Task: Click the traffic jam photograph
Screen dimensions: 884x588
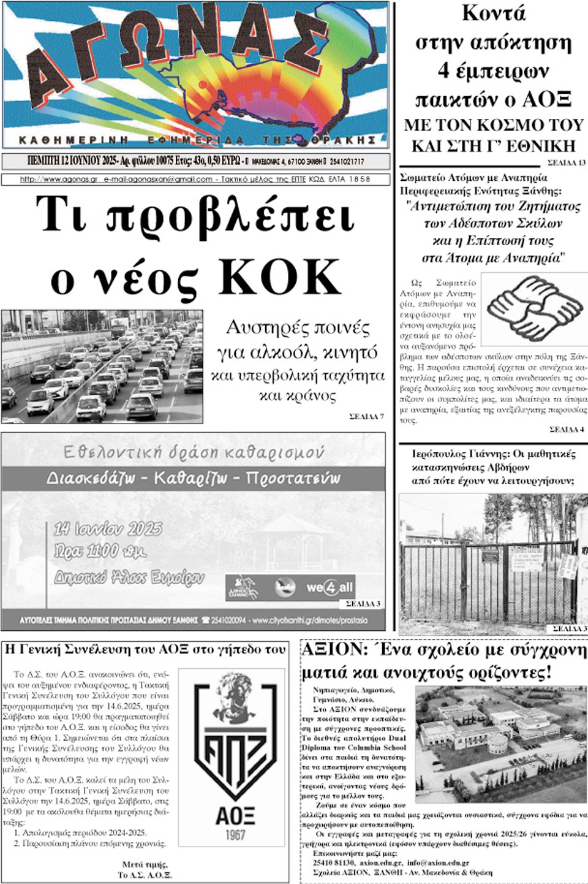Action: pos(102,366)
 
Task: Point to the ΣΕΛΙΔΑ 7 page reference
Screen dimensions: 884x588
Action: pos(366,417)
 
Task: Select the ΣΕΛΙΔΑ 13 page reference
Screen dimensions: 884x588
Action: pos(566,162)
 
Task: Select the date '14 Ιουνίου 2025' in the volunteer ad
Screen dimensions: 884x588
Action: pos(108,528)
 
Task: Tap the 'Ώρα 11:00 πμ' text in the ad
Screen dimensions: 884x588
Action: pos(100,551)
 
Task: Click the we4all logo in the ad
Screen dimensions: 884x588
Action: pos(330,587)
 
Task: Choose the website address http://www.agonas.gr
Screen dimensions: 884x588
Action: pos(59,180)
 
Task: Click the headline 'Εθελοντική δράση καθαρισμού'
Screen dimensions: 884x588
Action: pos(194,452)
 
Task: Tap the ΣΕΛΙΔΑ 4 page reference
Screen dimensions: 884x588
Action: pos(567,430)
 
